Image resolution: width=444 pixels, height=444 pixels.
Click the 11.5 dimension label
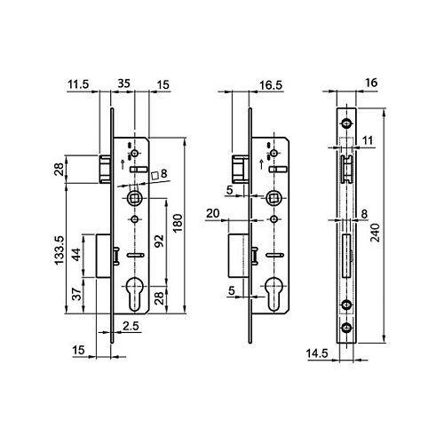(x=78, y=84)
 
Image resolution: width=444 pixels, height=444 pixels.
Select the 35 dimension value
(x=123, y=83)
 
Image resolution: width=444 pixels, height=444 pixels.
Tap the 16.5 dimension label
(x=271, y=85)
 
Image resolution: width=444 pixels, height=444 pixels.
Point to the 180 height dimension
(x=178, y=223)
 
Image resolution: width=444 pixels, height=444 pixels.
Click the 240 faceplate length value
(x=375, y=233)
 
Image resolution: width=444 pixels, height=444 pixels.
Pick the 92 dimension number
(x=159, y=242)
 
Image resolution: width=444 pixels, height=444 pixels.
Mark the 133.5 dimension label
(x=59, y=250)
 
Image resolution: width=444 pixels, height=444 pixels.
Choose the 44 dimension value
(x=76, y=255)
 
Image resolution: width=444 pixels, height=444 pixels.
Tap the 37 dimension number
(x=76, y=294)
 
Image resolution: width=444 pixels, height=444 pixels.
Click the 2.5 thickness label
(x=131, y=326)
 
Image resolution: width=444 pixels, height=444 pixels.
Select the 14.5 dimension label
(x=317, y=353)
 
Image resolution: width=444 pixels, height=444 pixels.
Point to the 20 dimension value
(x=213, y=213)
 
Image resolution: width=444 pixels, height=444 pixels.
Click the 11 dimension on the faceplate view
(x=368, y=140)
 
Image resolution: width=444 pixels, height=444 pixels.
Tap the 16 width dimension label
(x=371, y=83)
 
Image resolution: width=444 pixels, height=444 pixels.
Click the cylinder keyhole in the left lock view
(x=135, y=294)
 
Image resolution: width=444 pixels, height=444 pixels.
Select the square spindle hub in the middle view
(x=273, y=198)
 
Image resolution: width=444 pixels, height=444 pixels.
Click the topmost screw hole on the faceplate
(x=346, y=123)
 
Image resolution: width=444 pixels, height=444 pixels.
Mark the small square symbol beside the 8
(x=155, y=176)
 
